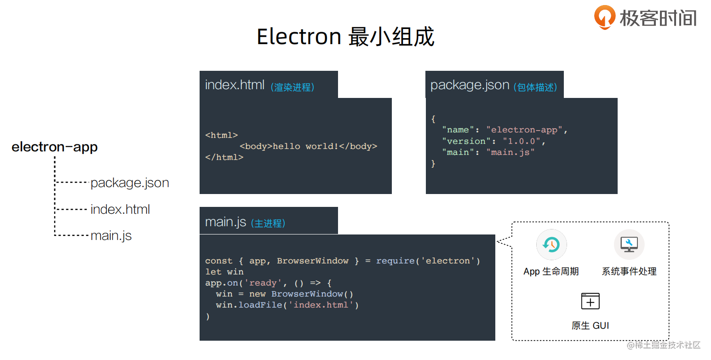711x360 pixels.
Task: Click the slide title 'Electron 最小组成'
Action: pyautogui.click(x=345, y=37)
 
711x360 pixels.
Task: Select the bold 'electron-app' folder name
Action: pyautogui.click(x=55, y=147)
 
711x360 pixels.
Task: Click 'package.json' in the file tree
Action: pyautogui.click(x=130, y=183)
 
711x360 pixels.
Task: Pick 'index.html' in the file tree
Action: pyautogui.click(x=120, y=210)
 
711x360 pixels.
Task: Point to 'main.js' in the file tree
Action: pyautogui.click(x=111, y=236)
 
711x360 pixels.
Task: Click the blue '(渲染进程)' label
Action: pyautogui.click(x=292, y=87)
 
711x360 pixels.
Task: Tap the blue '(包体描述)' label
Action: pyautogui.click(x=535, y=87)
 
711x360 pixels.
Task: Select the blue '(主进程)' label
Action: pyautogui.click(x=268, y=223)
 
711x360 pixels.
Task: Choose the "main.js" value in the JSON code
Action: pyautogui.click(x=510, y=152)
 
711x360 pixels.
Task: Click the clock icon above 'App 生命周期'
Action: pyautogui.click(x=551, y=245)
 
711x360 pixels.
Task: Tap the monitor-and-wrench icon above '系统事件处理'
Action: pyautogui.click(x=629, y=245)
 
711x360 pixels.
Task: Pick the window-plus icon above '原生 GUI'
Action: pyautogui.click(x=591, y=301)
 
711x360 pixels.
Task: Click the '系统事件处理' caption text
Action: pyautogui.click(x=629, y=272)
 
